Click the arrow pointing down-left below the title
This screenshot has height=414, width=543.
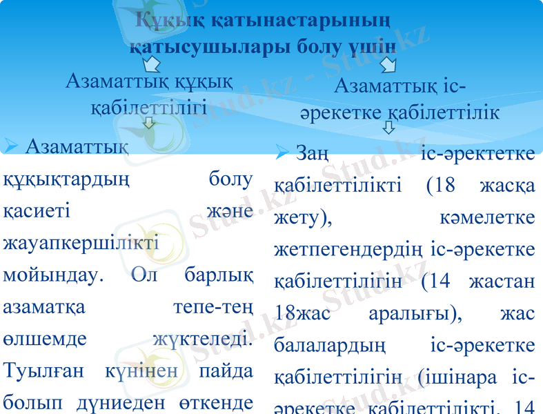[151, 65]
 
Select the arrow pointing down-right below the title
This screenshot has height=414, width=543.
[388, 65]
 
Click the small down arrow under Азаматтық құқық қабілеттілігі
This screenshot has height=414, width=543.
[149, 124]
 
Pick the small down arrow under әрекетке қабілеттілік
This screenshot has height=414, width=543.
[388, 128]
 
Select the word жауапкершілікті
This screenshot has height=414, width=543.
[81, 244]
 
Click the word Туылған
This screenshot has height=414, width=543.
[46, 371]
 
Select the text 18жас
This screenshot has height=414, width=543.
[301, 313]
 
